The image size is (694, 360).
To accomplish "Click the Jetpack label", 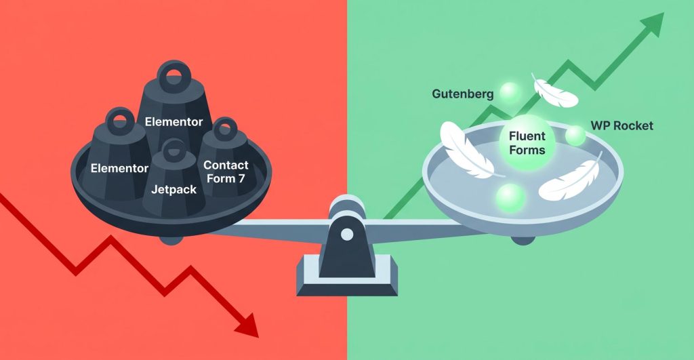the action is tap(173, 190).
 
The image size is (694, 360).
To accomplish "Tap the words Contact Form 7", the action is tap(226, 172).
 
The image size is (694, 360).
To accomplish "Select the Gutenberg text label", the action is tap(462, 94).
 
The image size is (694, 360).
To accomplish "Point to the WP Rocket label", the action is tap(622, 125).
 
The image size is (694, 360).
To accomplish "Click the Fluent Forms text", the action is tap(527, 143).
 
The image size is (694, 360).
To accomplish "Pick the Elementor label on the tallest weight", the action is tap(173, 122).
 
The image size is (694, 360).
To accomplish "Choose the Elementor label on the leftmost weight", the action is tap(119, 168).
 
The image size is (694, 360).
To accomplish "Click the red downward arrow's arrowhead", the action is tap(247, 325).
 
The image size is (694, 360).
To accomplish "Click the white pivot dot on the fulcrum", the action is tap(347, 235).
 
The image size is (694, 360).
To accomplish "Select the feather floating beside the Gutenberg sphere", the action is tap(554, 92).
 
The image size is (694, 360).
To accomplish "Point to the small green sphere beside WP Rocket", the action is tap(575, 136).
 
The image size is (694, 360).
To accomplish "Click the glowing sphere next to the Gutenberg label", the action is tap(510, 93).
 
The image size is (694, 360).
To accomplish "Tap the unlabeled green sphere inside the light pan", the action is tap(511, 197).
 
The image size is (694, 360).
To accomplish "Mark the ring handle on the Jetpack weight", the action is tap(173, 151).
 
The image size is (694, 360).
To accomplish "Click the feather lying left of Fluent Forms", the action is tap(467, 150).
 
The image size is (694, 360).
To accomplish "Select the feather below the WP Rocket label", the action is tap(571, 176).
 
